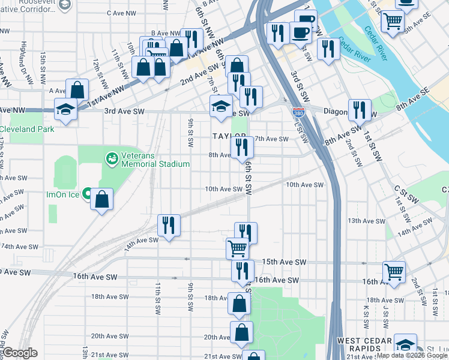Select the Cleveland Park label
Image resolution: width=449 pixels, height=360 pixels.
tap(28, 129)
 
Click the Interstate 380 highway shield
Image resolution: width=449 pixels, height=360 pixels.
tap(298, 112)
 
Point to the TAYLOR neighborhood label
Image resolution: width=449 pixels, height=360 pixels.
tap(229, 137)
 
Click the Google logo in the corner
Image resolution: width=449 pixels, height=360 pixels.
tap(20, 353)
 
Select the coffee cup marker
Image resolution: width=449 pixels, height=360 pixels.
tap(301, 32)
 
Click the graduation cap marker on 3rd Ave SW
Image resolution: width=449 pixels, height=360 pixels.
tap(220, 106)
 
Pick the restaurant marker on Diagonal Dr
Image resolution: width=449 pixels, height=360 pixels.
tap(359, 109)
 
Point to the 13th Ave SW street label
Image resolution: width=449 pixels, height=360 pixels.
tap(362, 221)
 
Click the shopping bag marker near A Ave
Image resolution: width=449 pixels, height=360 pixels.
tap(77, 90)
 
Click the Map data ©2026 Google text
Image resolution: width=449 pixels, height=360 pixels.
tap(412, 355)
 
